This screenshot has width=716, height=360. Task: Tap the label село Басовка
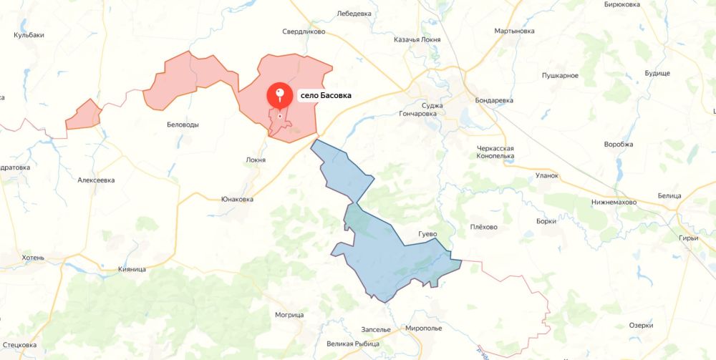326,95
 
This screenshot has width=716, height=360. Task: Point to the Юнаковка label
237,199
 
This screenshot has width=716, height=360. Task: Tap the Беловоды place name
183,124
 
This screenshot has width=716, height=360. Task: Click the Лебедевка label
354,13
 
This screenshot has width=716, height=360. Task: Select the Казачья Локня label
422,39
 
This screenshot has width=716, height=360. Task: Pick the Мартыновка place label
514,31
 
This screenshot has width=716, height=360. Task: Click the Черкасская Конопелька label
505,152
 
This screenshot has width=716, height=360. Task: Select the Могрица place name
289,314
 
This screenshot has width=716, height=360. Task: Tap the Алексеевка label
96,180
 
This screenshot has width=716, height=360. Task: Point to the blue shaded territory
387,250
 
